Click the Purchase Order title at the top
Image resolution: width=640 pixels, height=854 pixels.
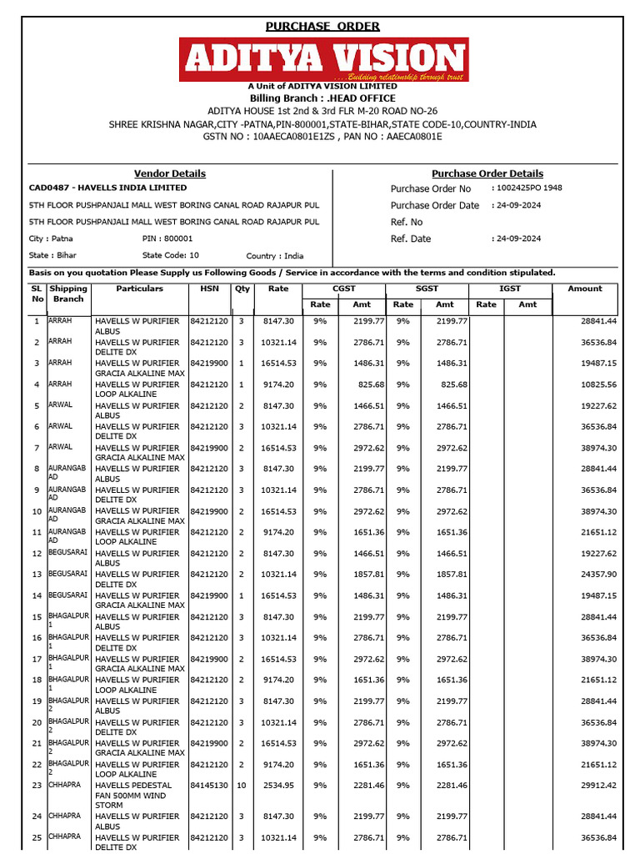point(322,26)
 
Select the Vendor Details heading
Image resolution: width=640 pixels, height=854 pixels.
point(170,173)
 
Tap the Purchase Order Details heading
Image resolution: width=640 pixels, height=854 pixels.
point(487,173)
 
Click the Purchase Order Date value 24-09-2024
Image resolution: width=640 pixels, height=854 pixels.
point(517,205)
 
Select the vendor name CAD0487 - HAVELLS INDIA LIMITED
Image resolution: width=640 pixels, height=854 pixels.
point(108,188)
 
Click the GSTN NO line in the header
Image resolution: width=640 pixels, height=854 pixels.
point(322,136)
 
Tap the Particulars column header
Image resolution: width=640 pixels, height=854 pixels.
point(140,289)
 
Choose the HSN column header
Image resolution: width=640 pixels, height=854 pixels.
point(208,289)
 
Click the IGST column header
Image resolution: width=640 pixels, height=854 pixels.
point(509,289)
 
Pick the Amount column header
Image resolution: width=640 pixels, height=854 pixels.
point(584,289)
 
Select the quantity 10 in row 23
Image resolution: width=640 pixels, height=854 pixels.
point(242,786)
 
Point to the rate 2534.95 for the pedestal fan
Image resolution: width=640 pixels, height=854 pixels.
point(278,786)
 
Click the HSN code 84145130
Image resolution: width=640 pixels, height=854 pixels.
point(208,786)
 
